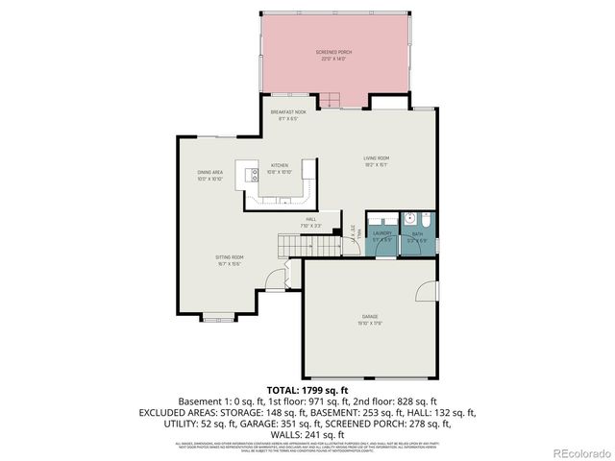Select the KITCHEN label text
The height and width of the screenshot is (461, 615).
279,165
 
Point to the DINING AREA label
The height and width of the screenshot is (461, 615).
210,173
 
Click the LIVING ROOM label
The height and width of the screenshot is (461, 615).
376,158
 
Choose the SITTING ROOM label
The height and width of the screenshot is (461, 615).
229,257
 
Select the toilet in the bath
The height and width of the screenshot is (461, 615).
408,217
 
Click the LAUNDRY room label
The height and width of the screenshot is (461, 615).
381,233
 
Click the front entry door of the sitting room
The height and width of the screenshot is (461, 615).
274,279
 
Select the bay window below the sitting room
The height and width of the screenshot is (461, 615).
217,317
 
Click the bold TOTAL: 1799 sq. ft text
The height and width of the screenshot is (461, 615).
307,389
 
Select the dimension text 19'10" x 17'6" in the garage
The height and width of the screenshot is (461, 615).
370,323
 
